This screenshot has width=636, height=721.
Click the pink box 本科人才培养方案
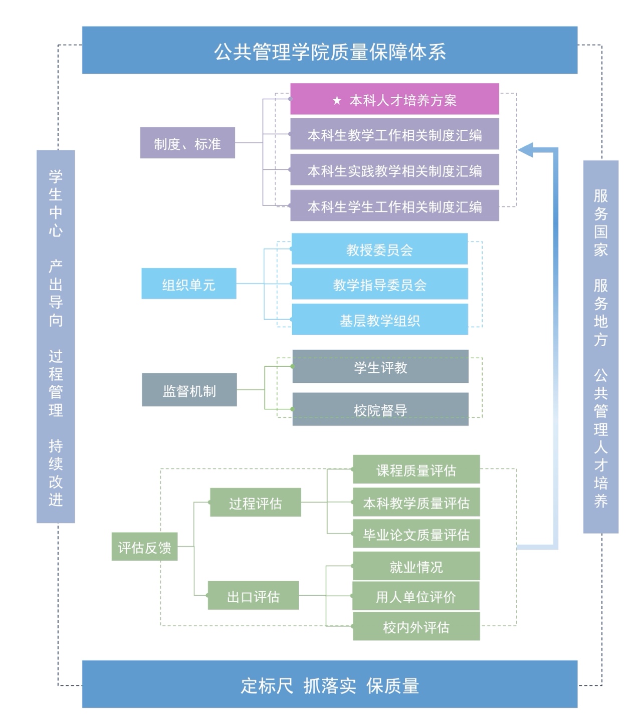tap(394, 99)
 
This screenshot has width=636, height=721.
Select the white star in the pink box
tap(337, 101)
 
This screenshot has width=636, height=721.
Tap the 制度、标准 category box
tap(187, 143)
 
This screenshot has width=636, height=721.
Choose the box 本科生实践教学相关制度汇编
tap(394, 170)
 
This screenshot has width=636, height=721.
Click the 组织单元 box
tap(188, 284)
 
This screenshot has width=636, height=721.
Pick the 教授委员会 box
tap(379, 249)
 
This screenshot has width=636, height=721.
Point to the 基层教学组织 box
tap(379, 320)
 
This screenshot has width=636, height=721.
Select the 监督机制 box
tap(189, 390)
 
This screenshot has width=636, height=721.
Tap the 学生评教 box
tap(380, 367)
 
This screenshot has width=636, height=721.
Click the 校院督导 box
tap(380, 409)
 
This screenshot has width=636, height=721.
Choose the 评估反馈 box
tap(144, 547)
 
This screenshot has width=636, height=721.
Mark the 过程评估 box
tap(255, 503)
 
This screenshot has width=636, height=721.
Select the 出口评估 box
tap(253, 596)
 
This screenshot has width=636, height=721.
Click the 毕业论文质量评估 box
tap(416, 534)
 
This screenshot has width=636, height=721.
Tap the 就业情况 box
tap(416, 566)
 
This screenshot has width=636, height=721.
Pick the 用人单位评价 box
tap(416, 596)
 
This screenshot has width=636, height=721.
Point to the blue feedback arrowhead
tap(526, 149)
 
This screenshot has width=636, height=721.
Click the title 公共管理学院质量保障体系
tap(330, 51)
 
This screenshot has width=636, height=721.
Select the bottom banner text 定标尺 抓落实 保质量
tap(330, 685)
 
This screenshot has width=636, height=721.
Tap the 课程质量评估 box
tap(416, 470)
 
